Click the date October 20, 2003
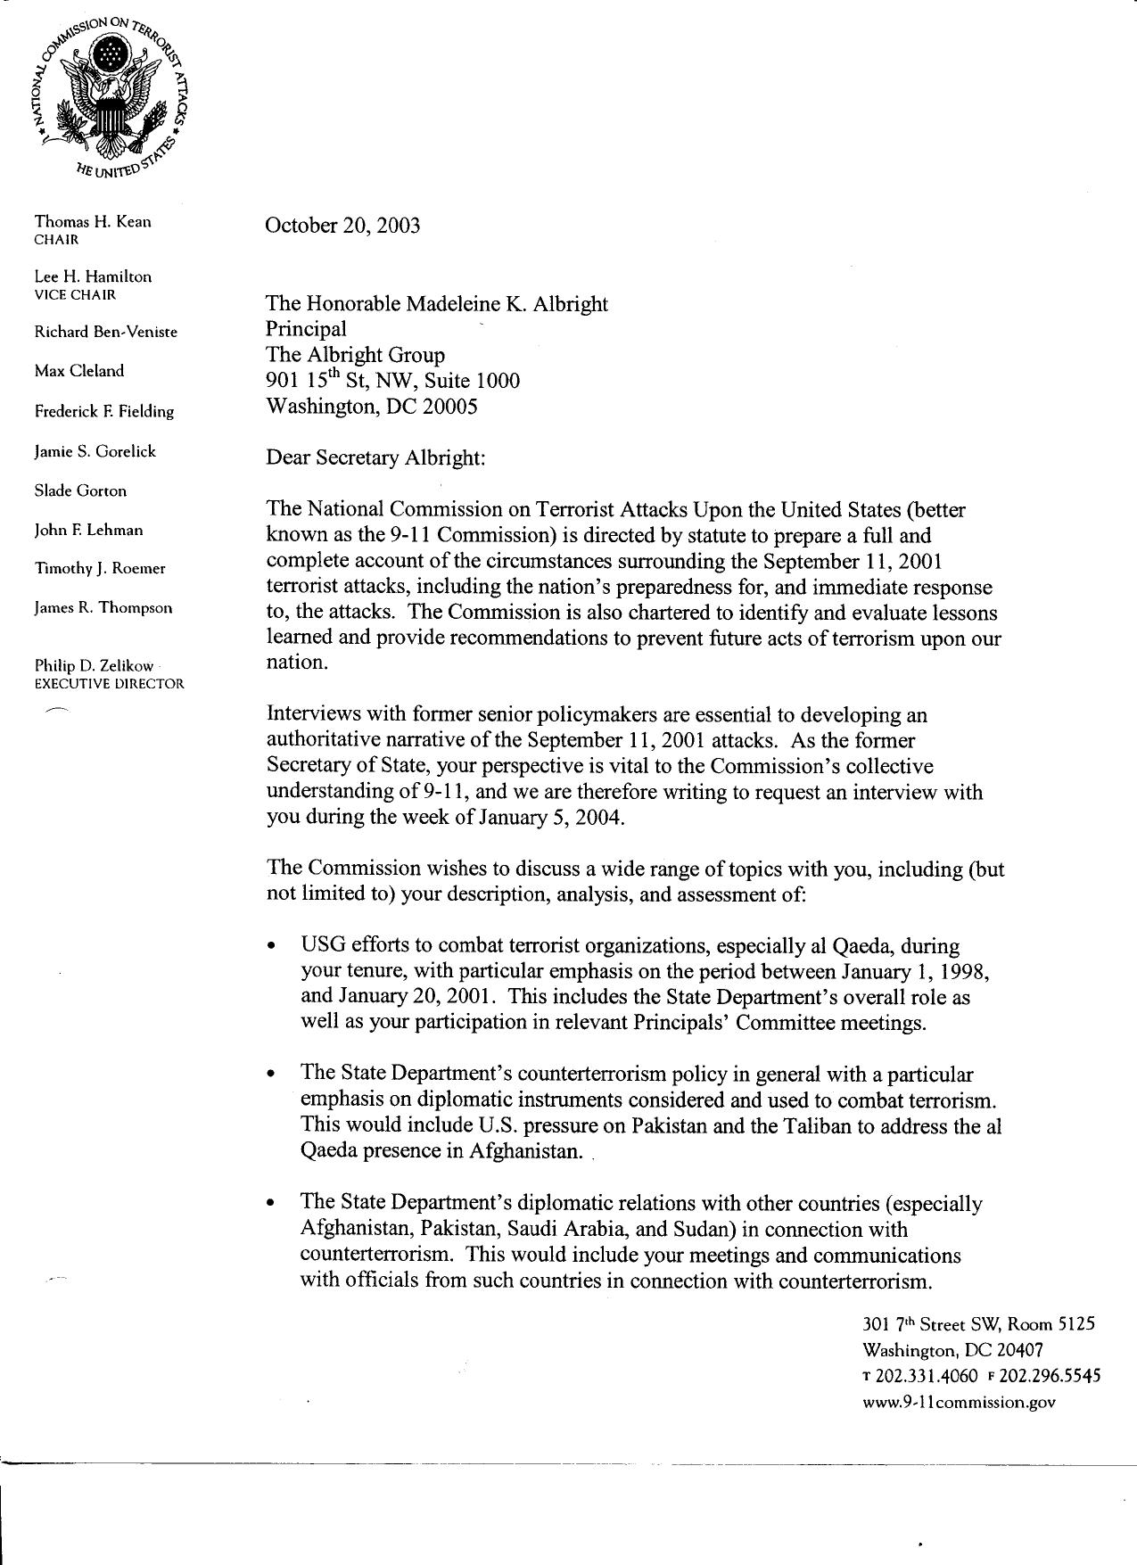(342, 225)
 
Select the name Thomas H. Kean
(93, 221)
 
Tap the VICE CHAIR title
(75, 294)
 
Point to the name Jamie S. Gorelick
(95, 451)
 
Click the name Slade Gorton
(80, 490)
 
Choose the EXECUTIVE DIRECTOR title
(109, 684)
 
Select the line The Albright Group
(355, 355)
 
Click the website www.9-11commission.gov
(959, 1402)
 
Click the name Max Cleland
(79, 371)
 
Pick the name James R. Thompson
(103, 608)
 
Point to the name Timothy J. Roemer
(100, 569)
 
